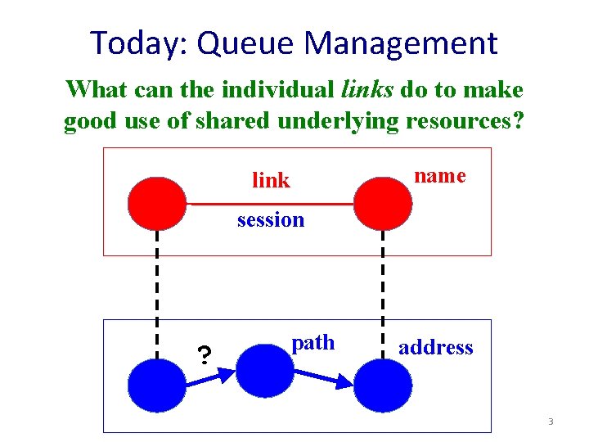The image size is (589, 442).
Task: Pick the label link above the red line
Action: [271, 180]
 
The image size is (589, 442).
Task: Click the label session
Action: [270, 219]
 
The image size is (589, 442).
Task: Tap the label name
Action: [440, 175]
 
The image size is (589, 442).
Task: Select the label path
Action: [313, 342]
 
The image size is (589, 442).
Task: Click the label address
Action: [435, 347]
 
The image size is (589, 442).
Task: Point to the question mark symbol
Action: [205, 354]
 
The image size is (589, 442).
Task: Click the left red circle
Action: [157, 202]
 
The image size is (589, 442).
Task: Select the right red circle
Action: [381, 202]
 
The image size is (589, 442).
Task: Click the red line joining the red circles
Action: [270, 202]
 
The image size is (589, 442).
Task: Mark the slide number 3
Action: [551, 422]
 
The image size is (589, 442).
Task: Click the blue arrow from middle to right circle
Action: [323, 377]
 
